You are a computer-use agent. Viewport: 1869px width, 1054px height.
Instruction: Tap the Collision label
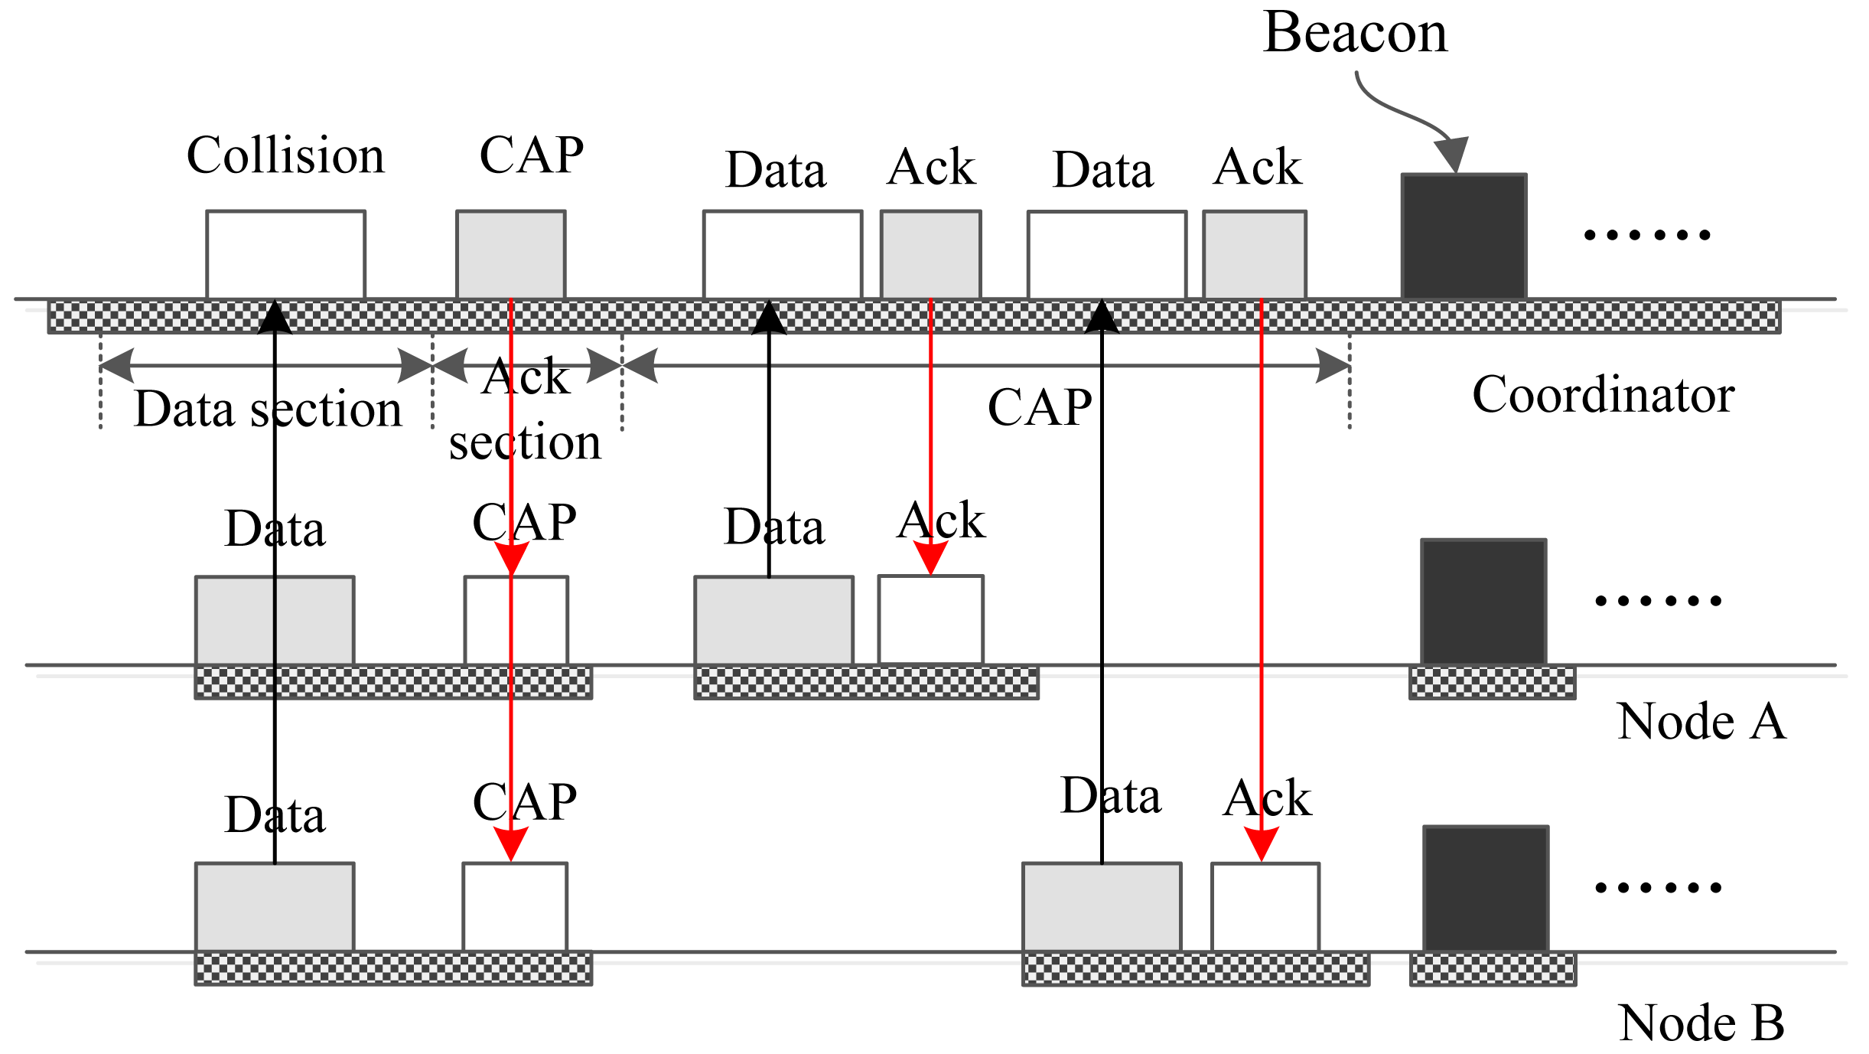coord(285,155)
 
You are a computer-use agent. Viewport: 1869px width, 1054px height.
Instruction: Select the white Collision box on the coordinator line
coord(285,254)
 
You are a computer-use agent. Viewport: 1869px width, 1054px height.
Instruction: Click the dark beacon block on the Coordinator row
coord(1464,237)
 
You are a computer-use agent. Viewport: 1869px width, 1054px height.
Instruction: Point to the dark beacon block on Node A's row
coord(1483,602)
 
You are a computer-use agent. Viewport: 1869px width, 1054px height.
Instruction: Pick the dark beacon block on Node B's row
coord(1486,889)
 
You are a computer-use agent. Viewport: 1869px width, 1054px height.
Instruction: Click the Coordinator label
coord(1603,395)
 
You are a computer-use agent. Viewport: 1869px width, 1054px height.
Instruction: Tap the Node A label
coord(1701,722)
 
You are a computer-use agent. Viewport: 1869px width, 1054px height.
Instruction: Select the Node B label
coord(1701,1023)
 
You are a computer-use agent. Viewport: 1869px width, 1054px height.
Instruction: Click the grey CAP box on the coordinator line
coord(510,254)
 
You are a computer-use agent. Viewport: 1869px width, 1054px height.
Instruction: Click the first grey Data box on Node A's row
coord(275,620)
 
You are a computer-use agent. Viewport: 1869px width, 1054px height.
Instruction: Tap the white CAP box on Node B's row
coord(515,907)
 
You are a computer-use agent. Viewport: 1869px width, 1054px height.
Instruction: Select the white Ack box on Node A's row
coord(930,619)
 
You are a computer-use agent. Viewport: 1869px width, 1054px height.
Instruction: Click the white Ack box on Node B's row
coord(1265,907)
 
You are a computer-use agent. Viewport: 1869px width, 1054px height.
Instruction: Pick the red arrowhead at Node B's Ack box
coord(1261,844)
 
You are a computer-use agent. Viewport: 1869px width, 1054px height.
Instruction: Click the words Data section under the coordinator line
coord(268,409)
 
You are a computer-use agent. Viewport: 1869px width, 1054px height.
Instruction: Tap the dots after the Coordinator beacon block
coord(1646,235)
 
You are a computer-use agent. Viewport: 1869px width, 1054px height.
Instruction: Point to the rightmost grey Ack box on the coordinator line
coord(1254,254)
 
